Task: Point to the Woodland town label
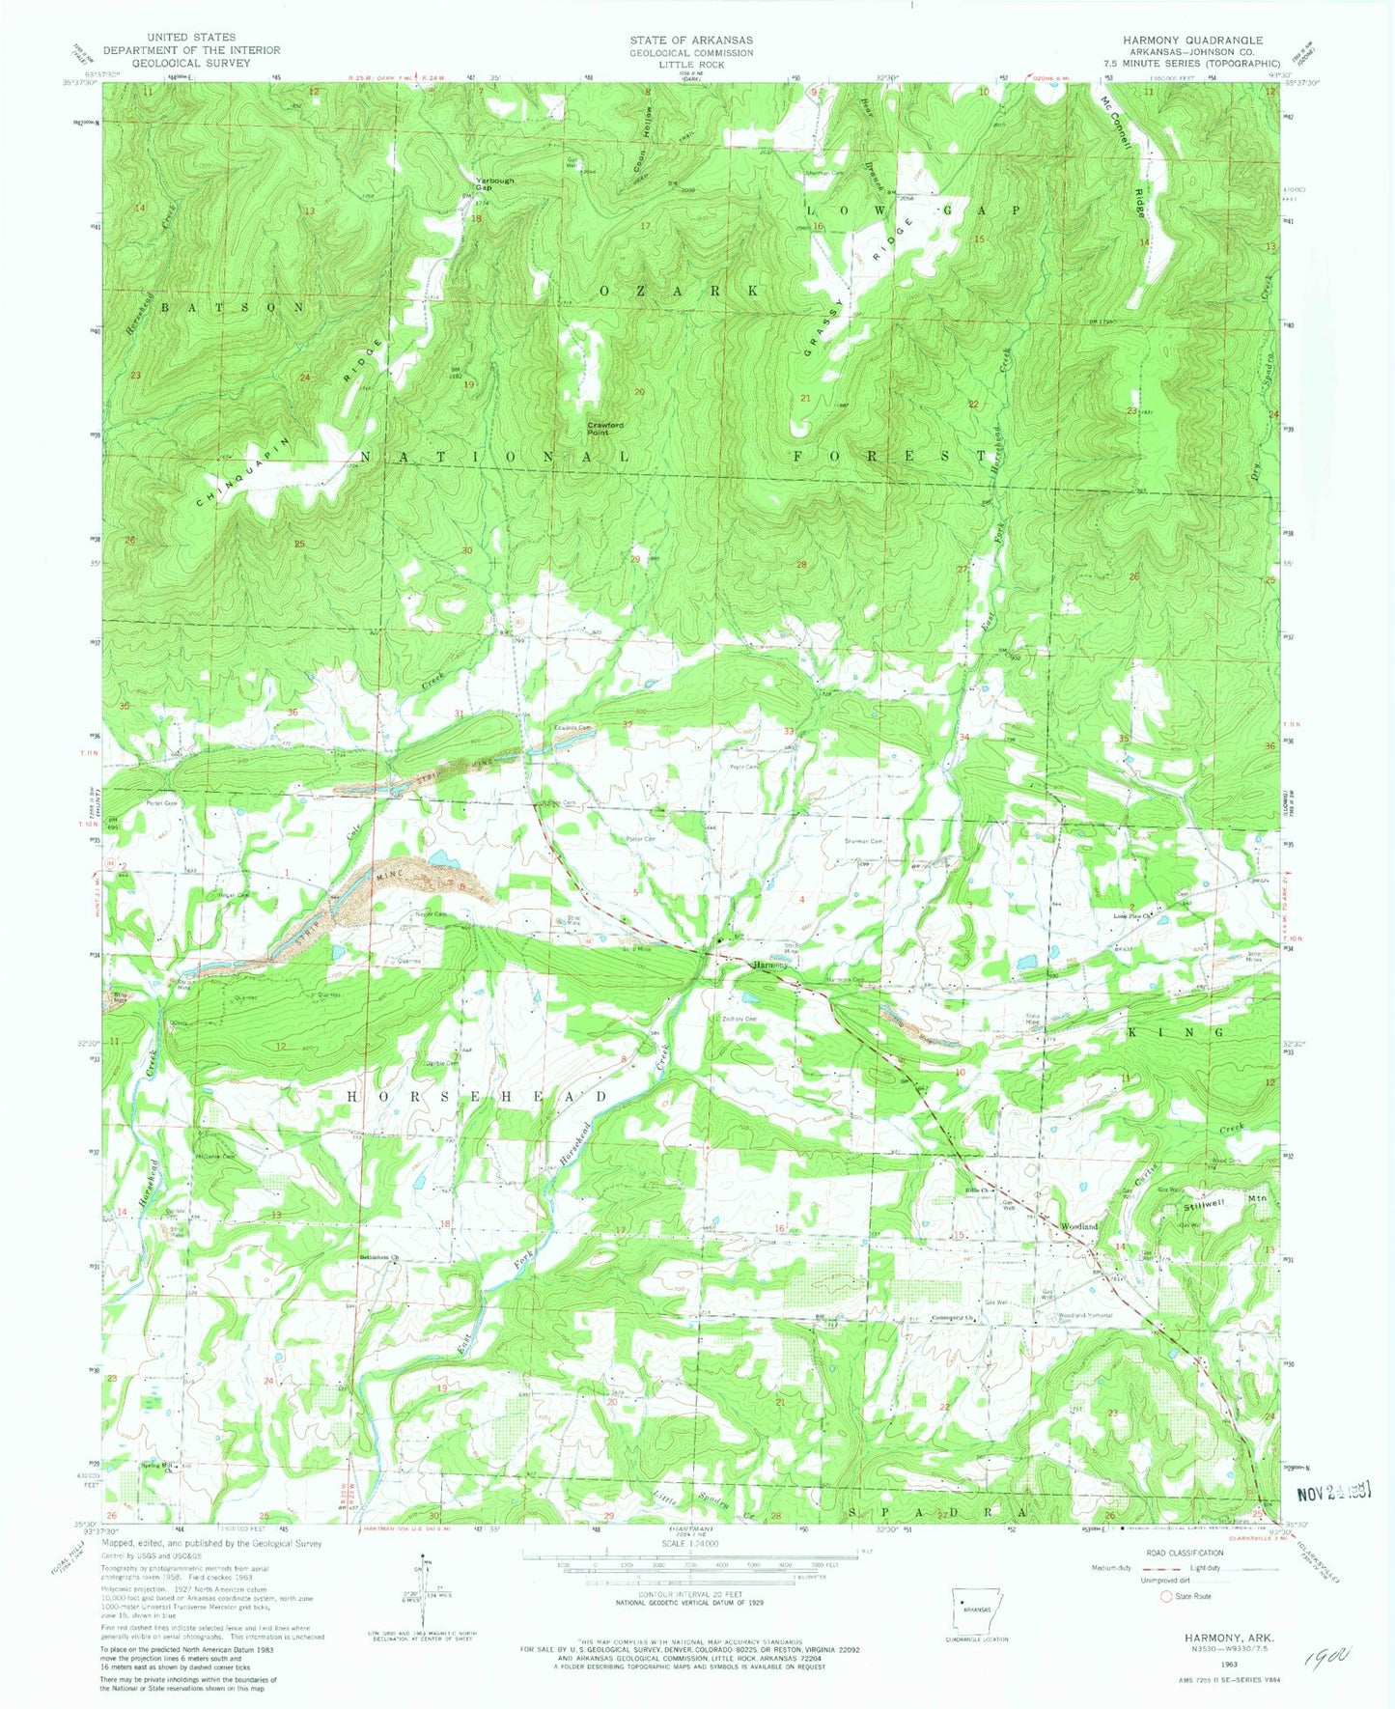click(x=1079, y=1225)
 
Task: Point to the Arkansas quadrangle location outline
click(x=976, y=1608)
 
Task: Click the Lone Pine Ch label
click(x=1135, y=913)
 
